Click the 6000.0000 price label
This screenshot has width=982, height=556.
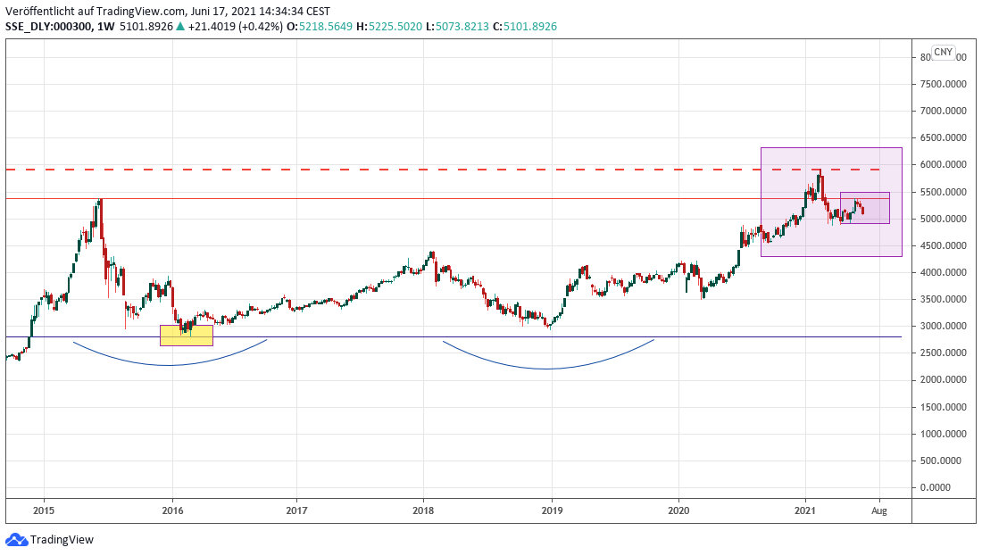coord(945,165)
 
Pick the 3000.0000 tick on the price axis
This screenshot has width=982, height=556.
coord(945,327)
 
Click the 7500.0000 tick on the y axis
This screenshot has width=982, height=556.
coord(945,85)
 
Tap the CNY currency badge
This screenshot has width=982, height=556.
coord(943,53)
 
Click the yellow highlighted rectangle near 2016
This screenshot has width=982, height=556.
coord(187,336)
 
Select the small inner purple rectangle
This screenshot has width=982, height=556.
coord(865,208)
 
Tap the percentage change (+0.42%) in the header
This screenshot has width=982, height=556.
coord(262,27)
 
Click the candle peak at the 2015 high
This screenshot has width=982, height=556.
coord(101,199)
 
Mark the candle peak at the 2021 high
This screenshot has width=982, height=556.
coord(818,168)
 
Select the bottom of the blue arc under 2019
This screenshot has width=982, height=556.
coord(546,369)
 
